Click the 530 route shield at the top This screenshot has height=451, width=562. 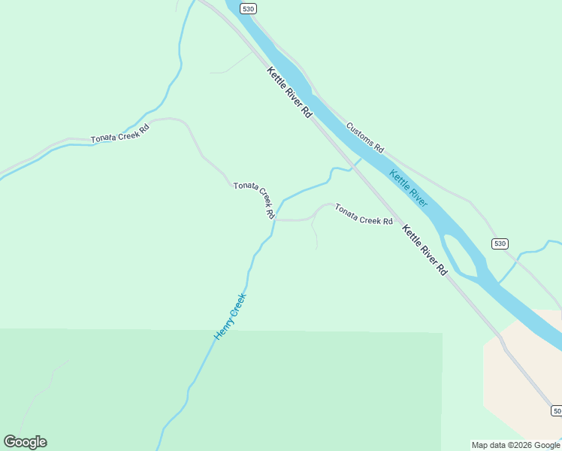coord(249,8)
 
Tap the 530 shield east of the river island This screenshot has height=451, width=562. coord(500,244)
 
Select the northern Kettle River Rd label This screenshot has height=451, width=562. coord(289,92)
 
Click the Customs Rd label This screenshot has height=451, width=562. coord(365,138)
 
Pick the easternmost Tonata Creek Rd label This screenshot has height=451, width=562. coord(364,215)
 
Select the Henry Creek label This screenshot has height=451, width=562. coord(230,316)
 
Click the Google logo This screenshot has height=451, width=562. coord(25,442)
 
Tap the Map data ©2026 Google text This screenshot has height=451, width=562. coord(515,445)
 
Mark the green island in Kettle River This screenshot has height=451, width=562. coord(459,256)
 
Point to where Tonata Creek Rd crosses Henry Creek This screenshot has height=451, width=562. coord(275,219)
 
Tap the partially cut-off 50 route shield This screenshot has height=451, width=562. coord(556,410)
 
